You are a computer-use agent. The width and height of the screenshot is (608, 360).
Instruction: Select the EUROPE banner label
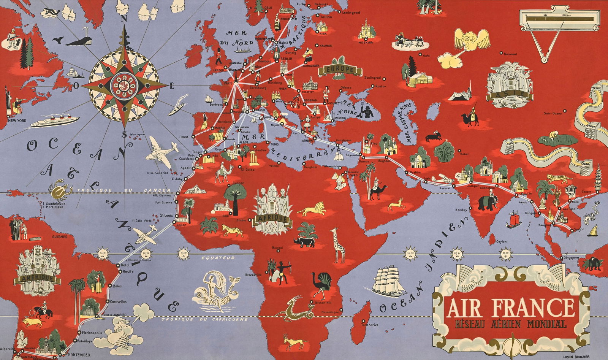(340, 70)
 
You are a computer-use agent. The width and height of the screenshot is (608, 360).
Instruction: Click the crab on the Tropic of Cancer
(60, 190)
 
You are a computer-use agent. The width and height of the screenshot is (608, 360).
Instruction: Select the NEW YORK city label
(17, 121)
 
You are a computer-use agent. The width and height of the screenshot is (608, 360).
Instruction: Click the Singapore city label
(571, 257)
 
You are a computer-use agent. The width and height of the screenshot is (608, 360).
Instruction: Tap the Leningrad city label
(351, 13)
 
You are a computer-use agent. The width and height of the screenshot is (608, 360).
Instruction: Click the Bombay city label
(461, 210)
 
